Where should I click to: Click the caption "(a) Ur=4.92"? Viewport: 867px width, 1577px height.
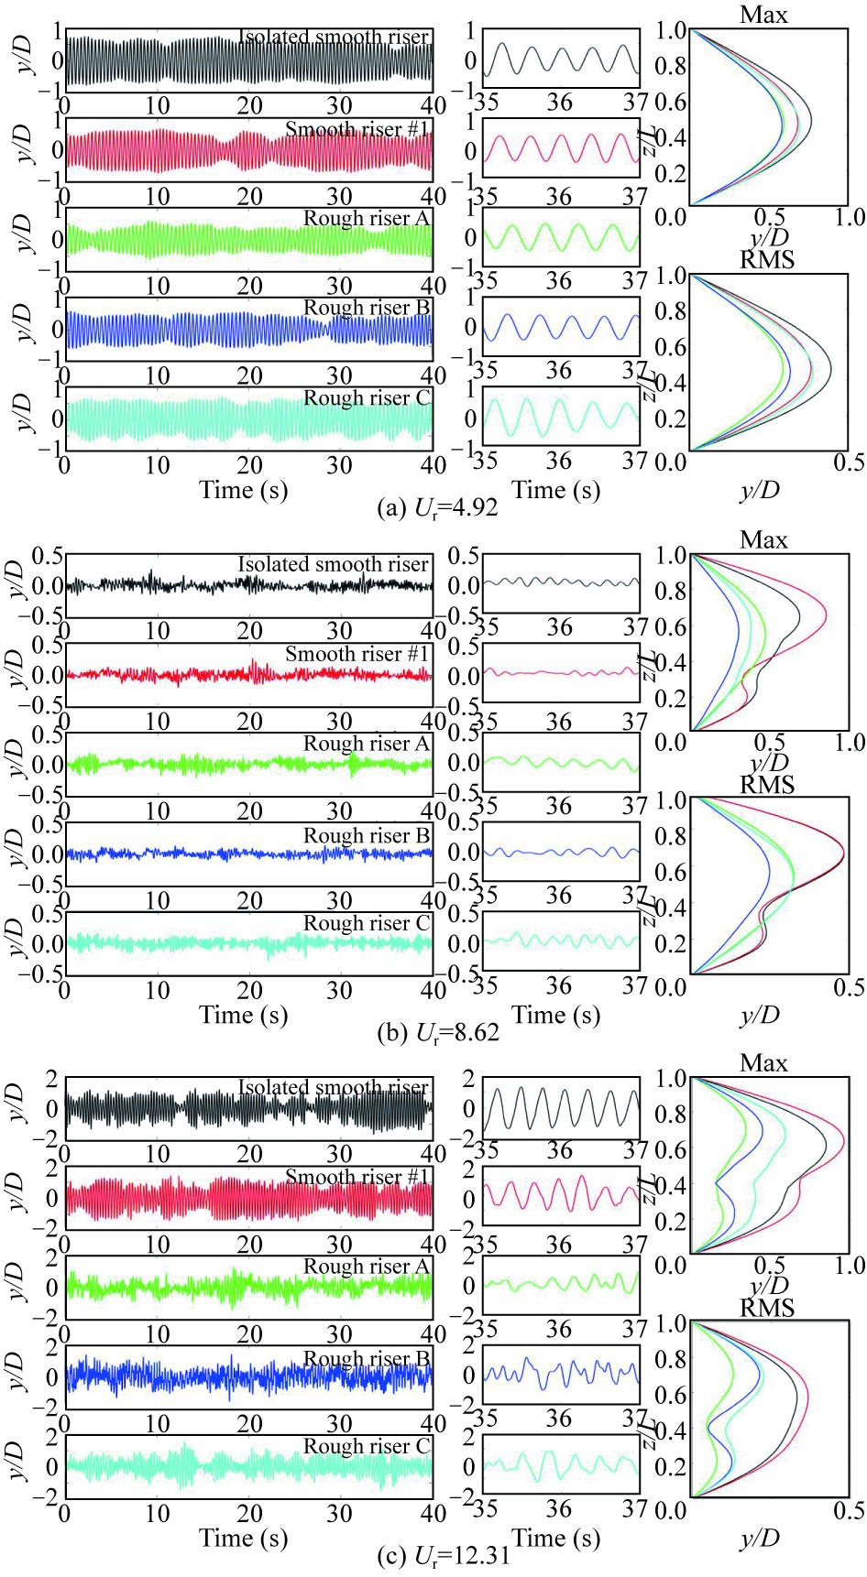point(438,507)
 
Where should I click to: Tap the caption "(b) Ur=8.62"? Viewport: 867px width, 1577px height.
point(439,1033)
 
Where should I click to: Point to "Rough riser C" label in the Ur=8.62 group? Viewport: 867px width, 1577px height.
point(367,924)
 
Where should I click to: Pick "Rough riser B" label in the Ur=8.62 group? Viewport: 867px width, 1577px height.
point(367,836)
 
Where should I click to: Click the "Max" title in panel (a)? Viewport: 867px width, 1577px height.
point(763,15)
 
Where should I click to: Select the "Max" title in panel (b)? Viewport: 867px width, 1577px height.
point(763,540)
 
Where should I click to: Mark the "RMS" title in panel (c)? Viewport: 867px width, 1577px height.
point(767,1308)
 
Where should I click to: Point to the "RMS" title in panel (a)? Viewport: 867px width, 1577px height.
point(767,260)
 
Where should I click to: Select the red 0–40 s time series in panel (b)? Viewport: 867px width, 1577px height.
point(247,675)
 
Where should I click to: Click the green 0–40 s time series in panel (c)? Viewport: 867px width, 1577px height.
point(247,1287)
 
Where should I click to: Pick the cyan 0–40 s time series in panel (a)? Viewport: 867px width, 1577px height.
point(247,419)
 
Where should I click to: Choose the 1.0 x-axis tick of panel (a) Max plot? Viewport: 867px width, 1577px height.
point(851,217)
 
